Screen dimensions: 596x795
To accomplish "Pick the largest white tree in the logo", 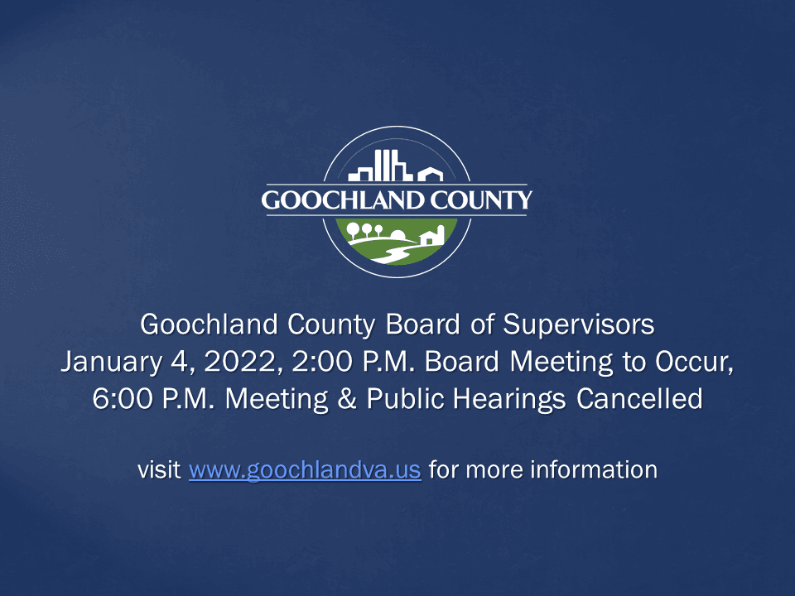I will (354, 229).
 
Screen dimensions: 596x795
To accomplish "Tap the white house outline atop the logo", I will (430, 175).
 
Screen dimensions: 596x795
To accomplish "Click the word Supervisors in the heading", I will (579, 325).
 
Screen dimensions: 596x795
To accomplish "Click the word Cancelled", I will (639, 399).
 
